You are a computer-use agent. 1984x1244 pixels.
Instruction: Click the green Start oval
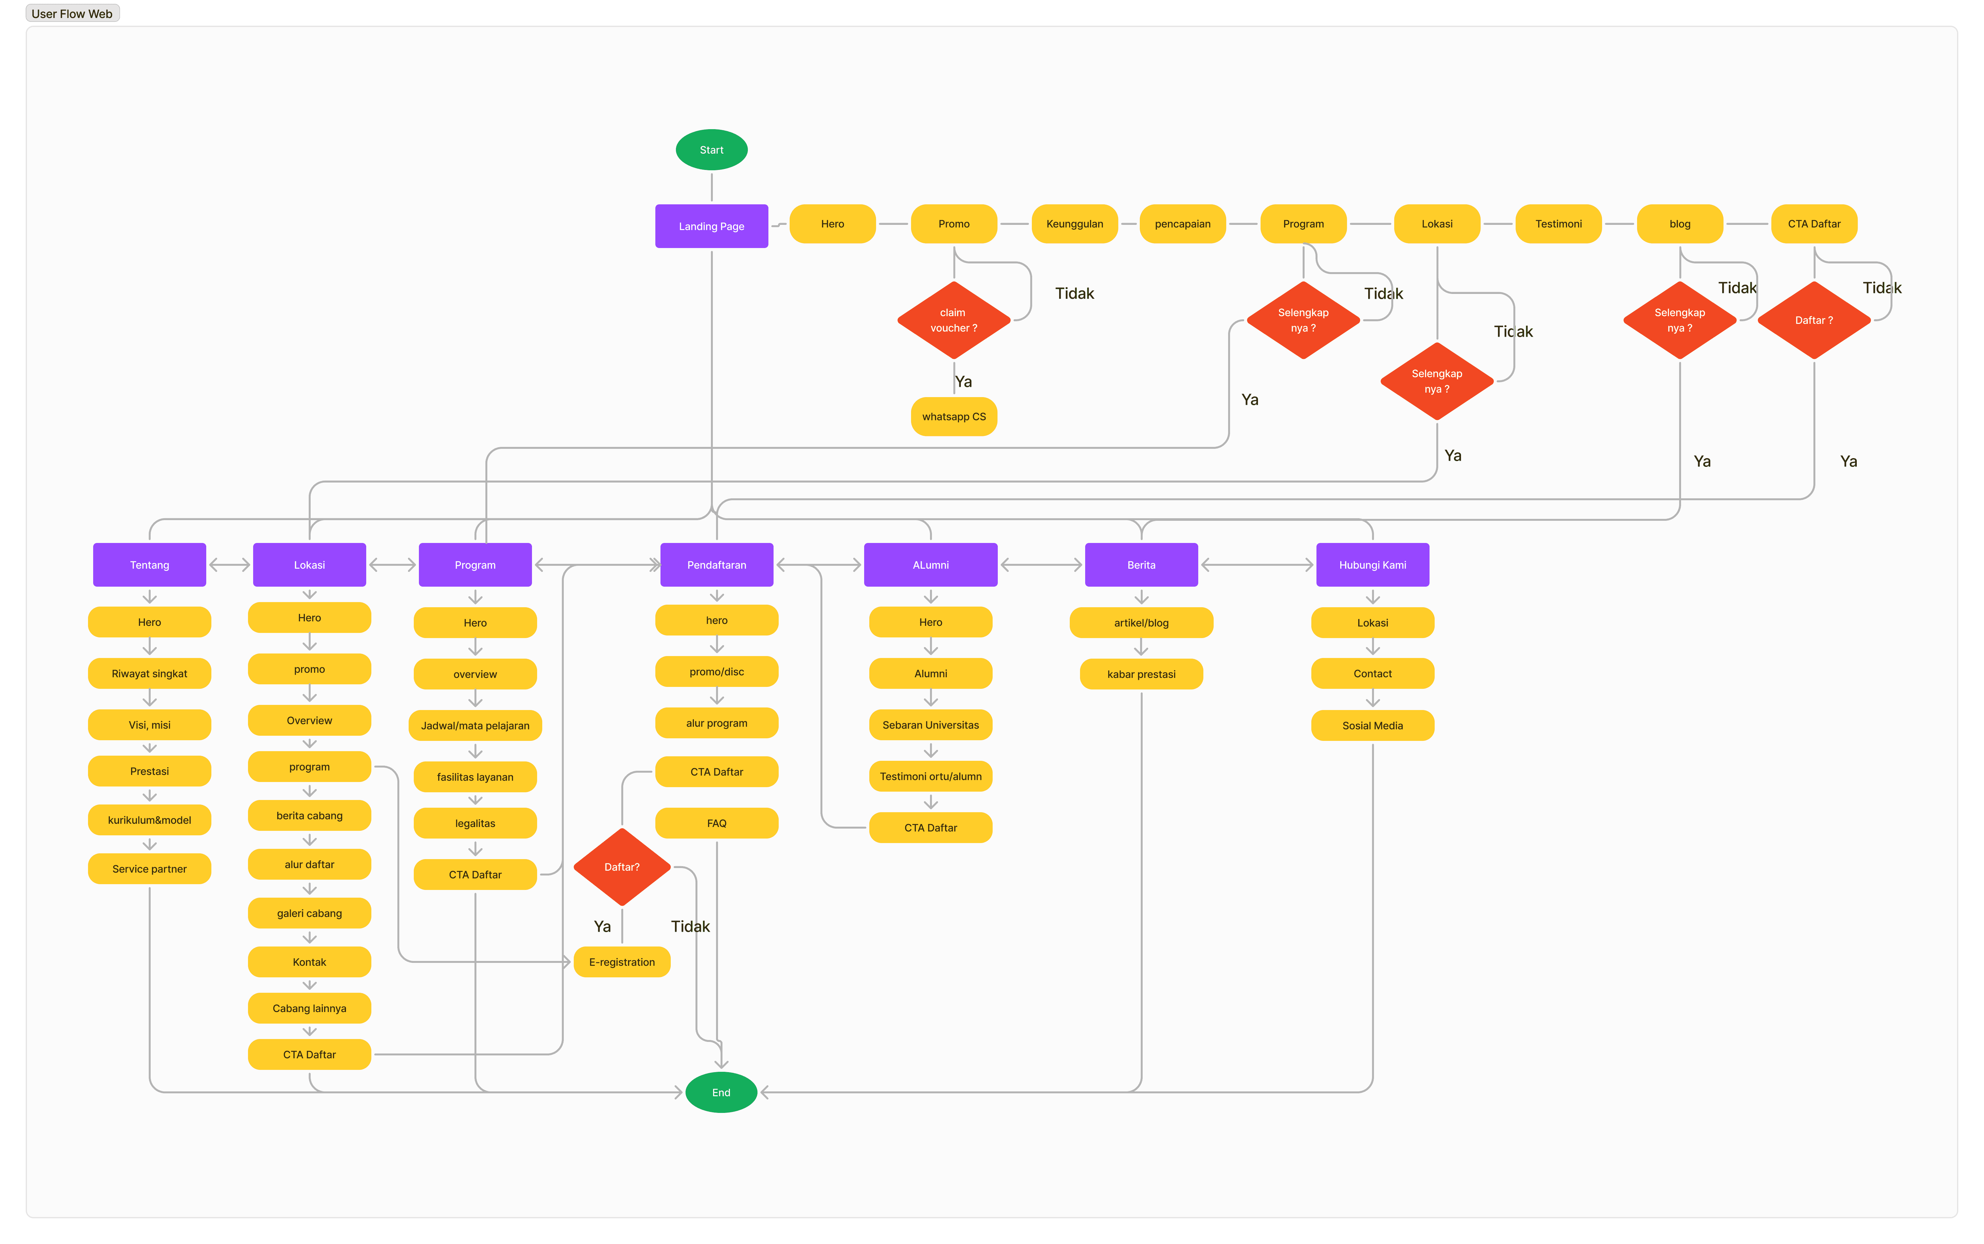coord(712,150)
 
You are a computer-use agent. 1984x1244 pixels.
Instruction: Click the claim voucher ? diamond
coord(953,320)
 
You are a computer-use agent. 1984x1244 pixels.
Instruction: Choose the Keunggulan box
coord(1074,224)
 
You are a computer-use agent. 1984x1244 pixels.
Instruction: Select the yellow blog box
coord(1680,224)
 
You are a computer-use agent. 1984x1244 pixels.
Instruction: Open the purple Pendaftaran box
coord(716,564)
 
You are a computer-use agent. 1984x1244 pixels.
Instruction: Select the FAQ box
coord(716,823)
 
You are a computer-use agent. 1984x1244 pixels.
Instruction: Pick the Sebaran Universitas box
coord(930,725)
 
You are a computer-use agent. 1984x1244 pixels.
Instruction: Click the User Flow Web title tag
coord(72,13)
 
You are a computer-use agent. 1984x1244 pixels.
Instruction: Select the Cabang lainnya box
coord(309,1008)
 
